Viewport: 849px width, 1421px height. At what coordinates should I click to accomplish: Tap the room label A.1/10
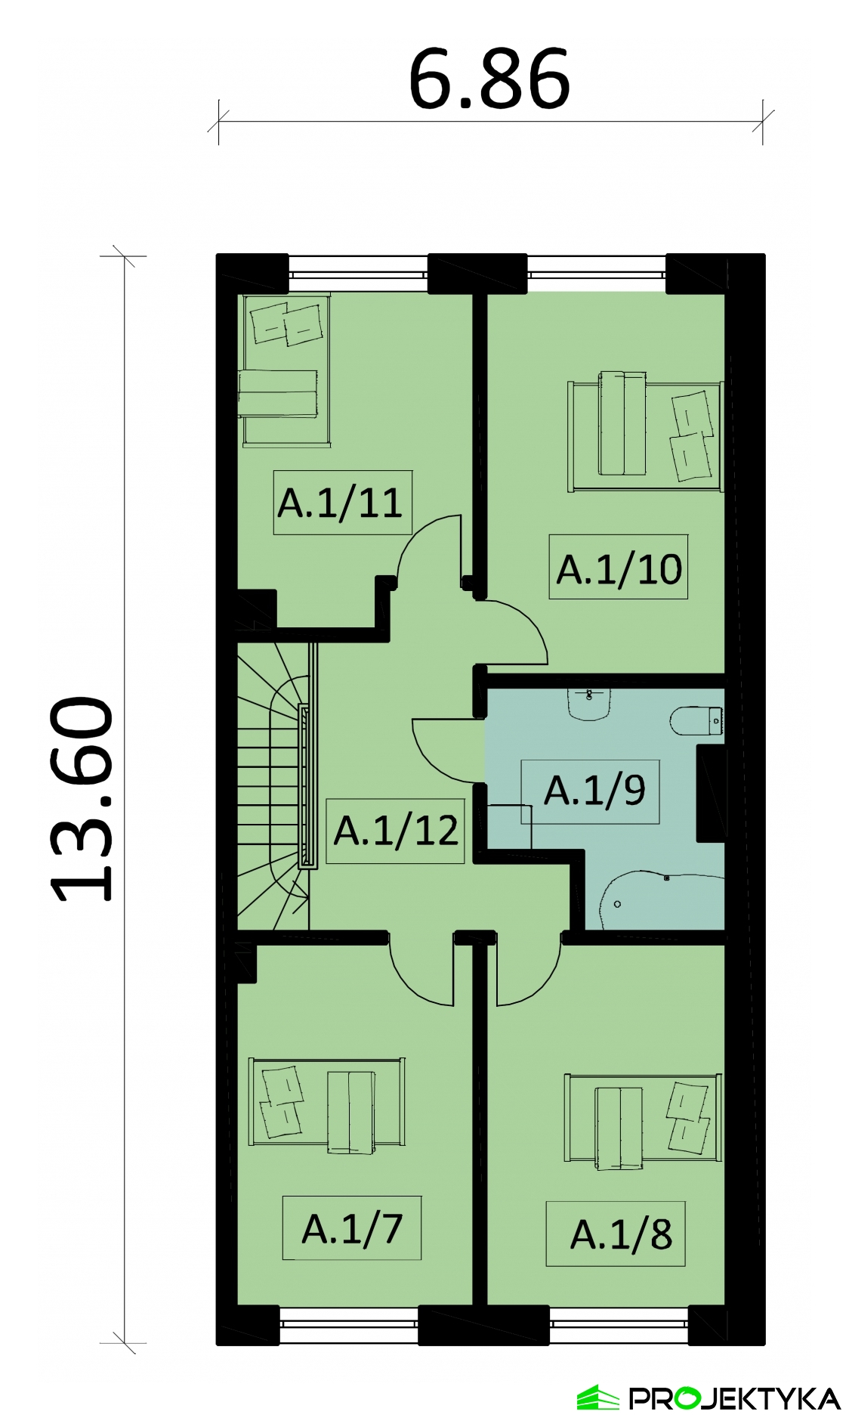pyautogui.click(x=619, y=569)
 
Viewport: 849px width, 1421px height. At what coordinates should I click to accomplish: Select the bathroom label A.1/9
pyautogui.click(x=594, y=790)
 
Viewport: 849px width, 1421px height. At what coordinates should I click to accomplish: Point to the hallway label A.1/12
pyautogui.click(x=396, y=830)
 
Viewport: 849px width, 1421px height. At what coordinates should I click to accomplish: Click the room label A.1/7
pyautogui.click(x=352, y=1228)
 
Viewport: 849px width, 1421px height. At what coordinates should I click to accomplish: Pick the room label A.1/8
pyautogui.click(x=621, y=1234)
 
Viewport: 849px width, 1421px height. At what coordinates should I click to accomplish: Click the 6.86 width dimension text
pyautogui.click(x=489, y=79)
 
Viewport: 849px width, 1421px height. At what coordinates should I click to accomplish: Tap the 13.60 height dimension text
pyautogui.click(x=82, y=799)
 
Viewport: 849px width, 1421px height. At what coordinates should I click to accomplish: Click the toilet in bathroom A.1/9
pyautogui.click(x=696, y=720)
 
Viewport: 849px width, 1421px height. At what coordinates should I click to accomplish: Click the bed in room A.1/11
pyautogui.click(x=286, y=370)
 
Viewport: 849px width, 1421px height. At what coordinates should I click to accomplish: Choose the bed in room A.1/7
pyautogui.click(x=326, y=1104)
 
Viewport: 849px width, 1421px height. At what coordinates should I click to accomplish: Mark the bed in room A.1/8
pyautogui.click(x=643, y=1120)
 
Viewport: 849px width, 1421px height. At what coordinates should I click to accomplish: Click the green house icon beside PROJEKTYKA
pyautogui.click(x=598, y=1398)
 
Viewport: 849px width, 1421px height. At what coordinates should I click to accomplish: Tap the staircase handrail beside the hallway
pyautogui.click(x=305, y=786)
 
